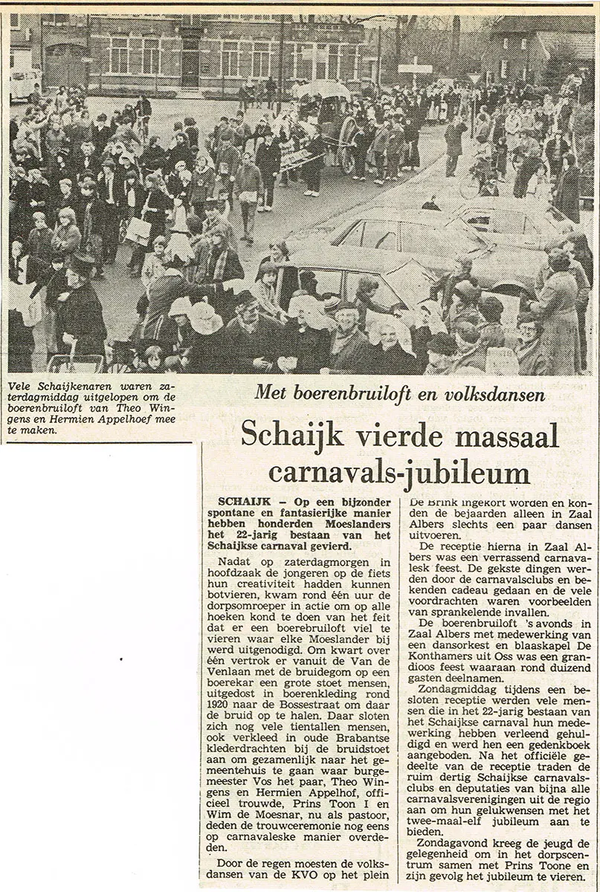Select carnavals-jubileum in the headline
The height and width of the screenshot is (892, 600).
pos(399,472)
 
